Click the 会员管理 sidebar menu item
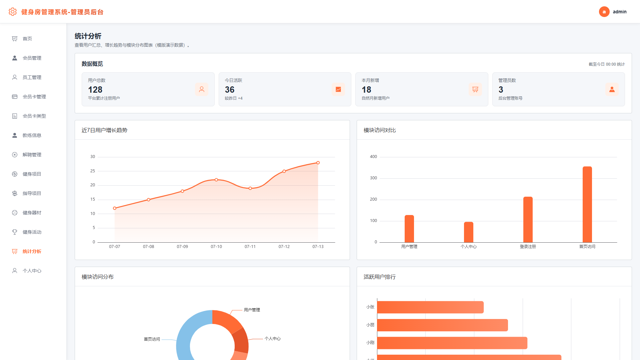(32, 58)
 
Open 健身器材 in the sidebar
(32, 213)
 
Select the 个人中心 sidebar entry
(32, 271)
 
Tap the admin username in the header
(620, 12)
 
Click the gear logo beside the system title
(13, 12)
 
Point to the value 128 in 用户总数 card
(95, 90)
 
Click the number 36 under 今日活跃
(230, 90)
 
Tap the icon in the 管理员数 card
(612, 89)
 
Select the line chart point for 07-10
(216, 180)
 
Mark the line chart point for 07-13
(318, 163)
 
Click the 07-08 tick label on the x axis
(148, 247)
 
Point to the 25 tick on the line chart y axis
(93, 171)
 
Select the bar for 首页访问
(587, 204)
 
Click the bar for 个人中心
(469, 232)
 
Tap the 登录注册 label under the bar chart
(528, 247)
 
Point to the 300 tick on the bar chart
(373, 178)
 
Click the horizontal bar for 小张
(430, 307)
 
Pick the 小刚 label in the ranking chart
(370, 343)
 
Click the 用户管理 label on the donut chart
(252, 310)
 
